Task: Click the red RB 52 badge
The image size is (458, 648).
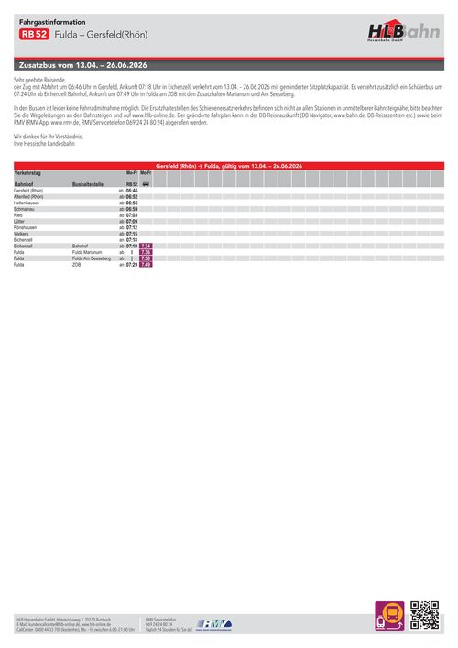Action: coord(35,34)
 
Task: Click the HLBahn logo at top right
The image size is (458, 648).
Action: coord(403,33)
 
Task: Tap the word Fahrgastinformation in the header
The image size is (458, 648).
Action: coord(52,20)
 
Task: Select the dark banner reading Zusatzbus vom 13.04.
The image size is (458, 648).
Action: coord(83,66)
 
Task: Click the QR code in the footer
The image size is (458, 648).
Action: coord(424,615)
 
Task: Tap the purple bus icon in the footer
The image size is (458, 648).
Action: coord(389,615)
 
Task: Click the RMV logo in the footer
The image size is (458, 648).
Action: coord(213,622)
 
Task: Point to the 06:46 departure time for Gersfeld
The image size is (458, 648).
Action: coord(131,191)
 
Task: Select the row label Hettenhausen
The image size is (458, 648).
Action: coord(31,203)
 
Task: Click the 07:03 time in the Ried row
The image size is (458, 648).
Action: coord(131,215)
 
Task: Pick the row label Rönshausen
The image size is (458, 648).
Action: coord(29,227)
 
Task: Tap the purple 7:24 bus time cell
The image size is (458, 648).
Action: coord(146,247)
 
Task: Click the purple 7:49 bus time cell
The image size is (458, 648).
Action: coord(146,265)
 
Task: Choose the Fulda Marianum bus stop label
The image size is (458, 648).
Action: coord(90,253)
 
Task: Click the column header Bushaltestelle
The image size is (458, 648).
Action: coord(93,184)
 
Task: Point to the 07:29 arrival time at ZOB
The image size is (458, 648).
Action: coord(131,265)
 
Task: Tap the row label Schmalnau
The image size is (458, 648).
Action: coord(27,209)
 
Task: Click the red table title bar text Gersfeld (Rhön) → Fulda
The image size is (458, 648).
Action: coord(229,165)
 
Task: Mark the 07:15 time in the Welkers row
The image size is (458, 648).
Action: coord(131,234)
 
